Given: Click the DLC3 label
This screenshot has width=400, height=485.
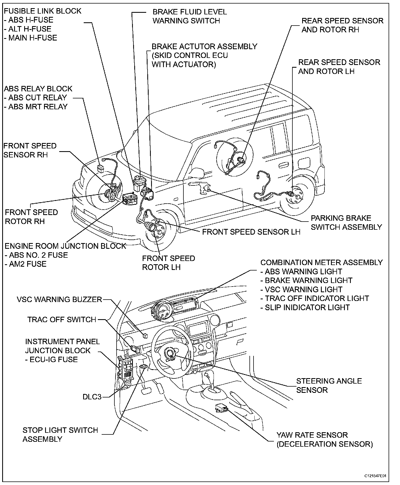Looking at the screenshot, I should click(x=92, y=397).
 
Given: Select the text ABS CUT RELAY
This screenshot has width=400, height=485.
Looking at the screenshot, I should click(x=37, y=98).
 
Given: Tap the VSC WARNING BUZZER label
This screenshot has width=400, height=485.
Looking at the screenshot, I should click(x=59, y=300).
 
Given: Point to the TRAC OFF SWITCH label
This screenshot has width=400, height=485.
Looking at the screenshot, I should click(x=62, y=319).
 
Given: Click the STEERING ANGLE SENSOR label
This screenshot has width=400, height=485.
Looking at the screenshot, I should click(x=329, y=385).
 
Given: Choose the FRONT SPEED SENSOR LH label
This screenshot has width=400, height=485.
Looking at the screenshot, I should click(x=251, y=232).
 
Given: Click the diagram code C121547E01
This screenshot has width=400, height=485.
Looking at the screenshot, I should click(x=375, y=476).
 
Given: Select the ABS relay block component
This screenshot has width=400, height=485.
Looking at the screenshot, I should click(x=101, y=168).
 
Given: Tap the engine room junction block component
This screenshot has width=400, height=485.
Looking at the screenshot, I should click(x=130, y=199).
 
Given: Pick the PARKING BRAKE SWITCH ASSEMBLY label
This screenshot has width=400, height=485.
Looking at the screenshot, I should click(x=346, y=222).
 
